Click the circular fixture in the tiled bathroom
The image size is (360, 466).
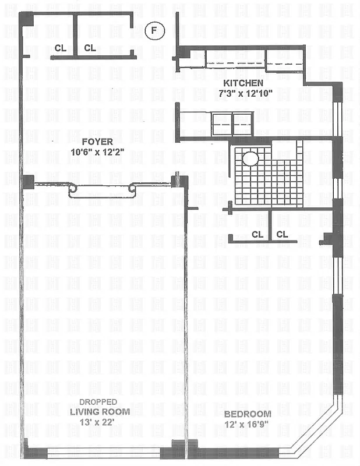point(250,158)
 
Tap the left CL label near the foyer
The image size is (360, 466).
point(61,48)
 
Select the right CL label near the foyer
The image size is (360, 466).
point(90,48)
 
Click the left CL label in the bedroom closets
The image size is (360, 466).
point(257,234)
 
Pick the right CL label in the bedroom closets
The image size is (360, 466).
point(283,234)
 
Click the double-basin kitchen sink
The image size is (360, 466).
point(232,123)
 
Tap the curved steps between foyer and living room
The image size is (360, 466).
point(102,190)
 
